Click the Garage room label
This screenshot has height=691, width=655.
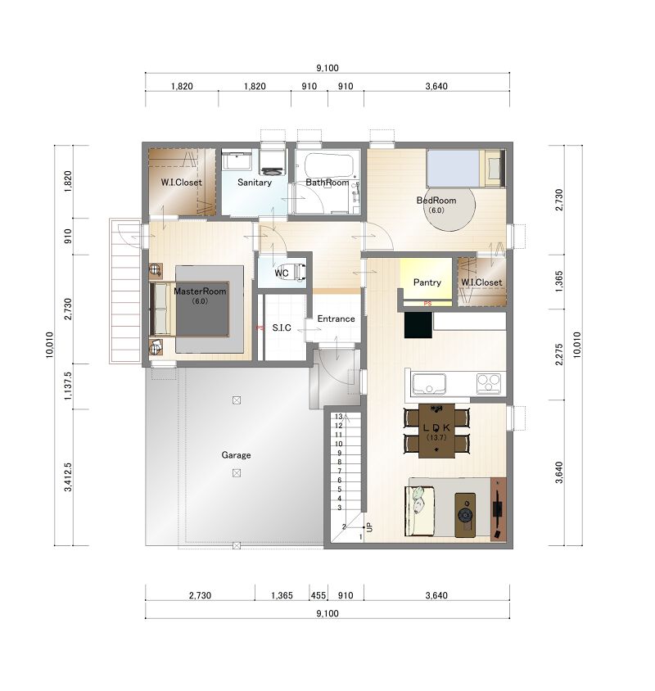tap(236, 454)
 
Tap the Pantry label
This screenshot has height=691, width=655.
tap(427, 282)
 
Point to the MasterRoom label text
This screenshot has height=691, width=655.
tap(200, 291)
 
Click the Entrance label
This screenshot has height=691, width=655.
tap(336, 318)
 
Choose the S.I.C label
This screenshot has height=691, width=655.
tap(282, 327)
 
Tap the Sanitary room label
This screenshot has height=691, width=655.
tap(255, 182)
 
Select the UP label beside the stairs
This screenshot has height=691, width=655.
tap(370, 526)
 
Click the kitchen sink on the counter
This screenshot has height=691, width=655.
tap(428, 384)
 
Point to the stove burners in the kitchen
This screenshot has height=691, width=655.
tap(489, 382)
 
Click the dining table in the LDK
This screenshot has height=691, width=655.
tap(436, 431)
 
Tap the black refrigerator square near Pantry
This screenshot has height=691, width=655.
tap(418, 325)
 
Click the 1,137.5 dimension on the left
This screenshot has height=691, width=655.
tap(68, 386)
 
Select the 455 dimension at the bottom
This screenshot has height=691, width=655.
tap(318, 595)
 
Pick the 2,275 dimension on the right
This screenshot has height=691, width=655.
tap(559, 355)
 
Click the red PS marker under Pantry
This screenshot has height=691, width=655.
tap(427, 303)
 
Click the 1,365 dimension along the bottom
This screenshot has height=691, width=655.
tap(282, 595)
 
